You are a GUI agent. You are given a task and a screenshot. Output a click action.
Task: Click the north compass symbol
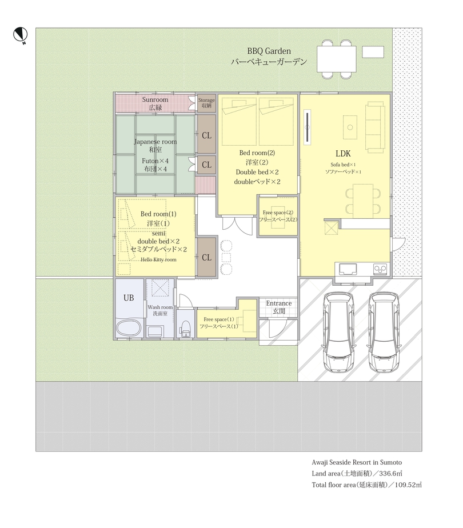[x=20, y=35]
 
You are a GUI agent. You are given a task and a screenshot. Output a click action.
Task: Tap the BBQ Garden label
[x=269, y=51]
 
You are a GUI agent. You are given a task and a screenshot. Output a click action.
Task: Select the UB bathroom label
[x=129, y=298]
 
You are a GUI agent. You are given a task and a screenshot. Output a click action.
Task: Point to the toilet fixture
[x=185, y=329]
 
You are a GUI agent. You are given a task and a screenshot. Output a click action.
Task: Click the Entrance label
[x=279, y=303]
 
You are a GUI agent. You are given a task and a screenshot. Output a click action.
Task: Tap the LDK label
[x=343, y=154]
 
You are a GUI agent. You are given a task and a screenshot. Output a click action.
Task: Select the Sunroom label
[x=155, y=99]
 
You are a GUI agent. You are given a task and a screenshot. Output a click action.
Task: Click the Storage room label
[x=206, y=100]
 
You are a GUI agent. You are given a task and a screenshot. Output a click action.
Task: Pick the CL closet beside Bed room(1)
[x=206, y=257]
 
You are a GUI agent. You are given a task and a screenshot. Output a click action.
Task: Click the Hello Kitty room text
[x=158, y=259]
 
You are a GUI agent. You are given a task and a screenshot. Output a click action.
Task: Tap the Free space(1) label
[x=219, y=319]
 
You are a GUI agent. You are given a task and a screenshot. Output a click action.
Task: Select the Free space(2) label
[x=278, y=213]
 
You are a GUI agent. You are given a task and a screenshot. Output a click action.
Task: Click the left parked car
[x=339, y=331]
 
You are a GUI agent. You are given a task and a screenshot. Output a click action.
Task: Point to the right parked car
[x=384, y=331]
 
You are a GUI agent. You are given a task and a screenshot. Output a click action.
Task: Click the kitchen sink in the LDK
[x=348, y=269]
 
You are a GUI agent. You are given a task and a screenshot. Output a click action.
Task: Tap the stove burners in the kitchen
[x=380, y=269]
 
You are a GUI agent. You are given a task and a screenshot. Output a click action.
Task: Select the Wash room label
[x=160, y=307]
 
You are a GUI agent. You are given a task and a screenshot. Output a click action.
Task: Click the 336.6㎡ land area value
[x=390, y=474]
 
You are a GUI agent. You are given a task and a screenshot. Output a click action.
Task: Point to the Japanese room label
[x=155, y=142]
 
